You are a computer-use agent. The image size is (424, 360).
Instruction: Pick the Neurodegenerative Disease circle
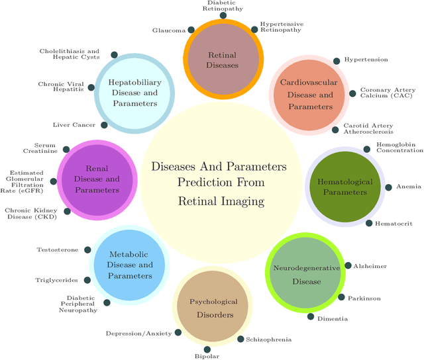pyautogui.click(x=305, y=274)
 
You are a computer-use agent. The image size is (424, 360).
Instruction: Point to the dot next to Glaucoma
pyautogui.click(x=191, y=30)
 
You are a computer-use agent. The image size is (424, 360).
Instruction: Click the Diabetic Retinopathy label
pyautogui.click(x=221, y=6)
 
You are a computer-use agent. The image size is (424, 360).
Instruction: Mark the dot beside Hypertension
pyautogui.click(x=337, y=60)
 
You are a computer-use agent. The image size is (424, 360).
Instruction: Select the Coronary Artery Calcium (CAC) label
pyautogui.click(x=388, y=93)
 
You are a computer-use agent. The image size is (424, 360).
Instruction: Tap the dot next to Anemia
pyautogui.click(x=389, y=187)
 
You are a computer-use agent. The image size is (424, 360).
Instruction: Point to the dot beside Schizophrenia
pyautogui.click(x=240, y=339)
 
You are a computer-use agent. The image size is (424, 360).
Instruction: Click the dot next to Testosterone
pyautogui.click(x=84, y=249)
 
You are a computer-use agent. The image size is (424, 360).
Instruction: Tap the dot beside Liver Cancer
pyautogui.click(x=104, y=124)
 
